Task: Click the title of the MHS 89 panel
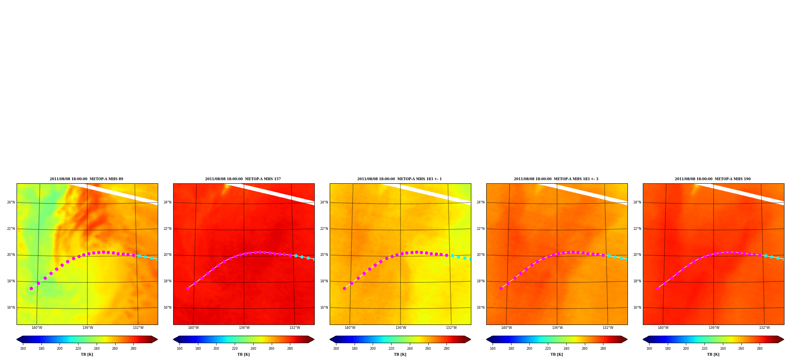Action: [86, 179]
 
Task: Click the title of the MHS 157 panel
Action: [243, 179]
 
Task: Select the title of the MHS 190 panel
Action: [713, 179]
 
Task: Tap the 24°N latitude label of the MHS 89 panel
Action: [11, 203]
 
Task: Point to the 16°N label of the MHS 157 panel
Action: [168, 308]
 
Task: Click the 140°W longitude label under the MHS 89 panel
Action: [37, 328]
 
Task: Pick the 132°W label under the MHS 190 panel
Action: [764, 328]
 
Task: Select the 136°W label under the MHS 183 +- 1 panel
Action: [401, 328]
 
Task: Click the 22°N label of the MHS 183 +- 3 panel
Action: [481, 229]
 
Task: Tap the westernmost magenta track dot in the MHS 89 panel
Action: [31, 288]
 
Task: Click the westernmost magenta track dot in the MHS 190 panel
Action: [657, 288]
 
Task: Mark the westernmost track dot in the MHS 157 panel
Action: [188, 288]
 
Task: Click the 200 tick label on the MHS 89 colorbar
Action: [60, 349]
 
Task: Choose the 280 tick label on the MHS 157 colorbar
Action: [290, 349]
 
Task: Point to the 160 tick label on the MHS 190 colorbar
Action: [649, 349]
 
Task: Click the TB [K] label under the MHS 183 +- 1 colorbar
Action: [400, 354]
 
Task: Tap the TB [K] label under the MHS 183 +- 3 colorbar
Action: [557, 354]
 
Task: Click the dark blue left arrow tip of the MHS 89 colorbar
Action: [17, 339]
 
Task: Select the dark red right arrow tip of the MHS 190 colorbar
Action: [784, 339]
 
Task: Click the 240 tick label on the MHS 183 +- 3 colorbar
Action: [566, 349]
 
